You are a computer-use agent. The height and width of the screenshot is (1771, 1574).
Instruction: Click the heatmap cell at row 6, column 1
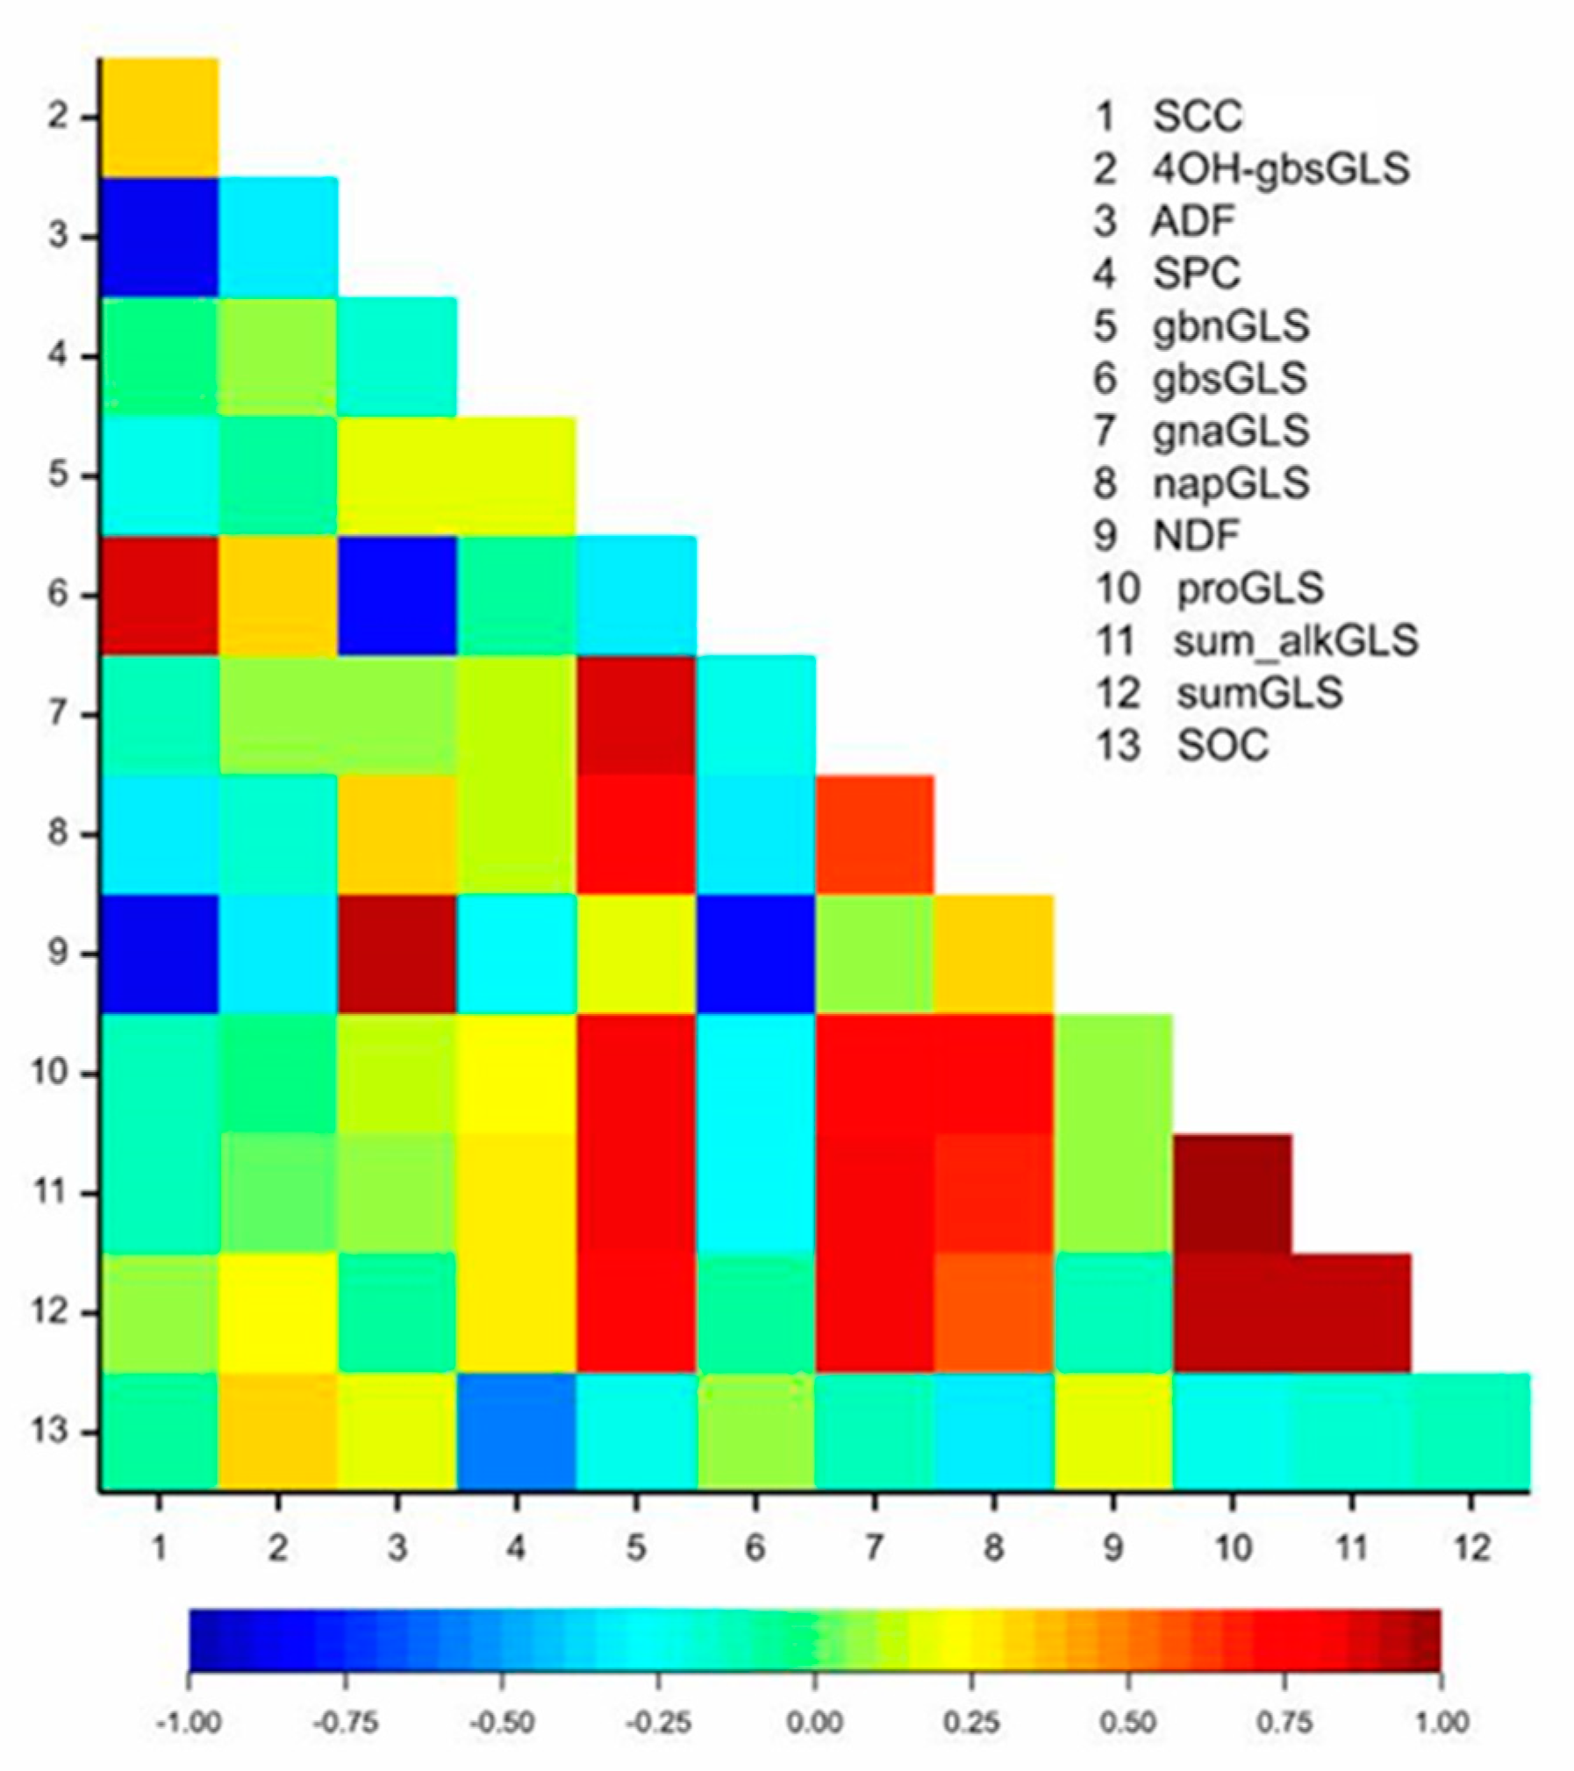pyautogui.click(x=159, y=595)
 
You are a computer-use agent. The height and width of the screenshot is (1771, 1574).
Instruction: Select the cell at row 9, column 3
pyautogui.click(x=397, y=953)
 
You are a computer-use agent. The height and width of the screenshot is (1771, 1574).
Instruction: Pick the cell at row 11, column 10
pyautogui.click(x=1233, y=1193)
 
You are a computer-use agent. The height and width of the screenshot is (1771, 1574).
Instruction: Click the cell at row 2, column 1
pyautogui.click(x=159, y=117)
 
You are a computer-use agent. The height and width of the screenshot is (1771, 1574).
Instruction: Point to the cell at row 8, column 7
pyautogui.click(x=875, y=834)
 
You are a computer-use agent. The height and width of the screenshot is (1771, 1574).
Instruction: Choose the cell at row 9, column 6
pyautogui.click(x=755, y=953)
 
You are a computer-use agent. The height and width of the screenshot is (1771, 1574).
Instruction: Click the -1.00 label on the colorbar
pyautogui.click(x=188, y=1722)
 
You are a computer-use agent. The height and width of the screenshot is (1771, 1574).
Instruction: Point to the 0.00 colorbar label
pyautogui.click(x=814, y=1722)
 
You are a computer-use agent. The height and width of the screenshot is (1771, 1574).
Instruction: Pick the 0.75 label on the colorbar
pyautogui.click(x=1284, y=1722)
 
